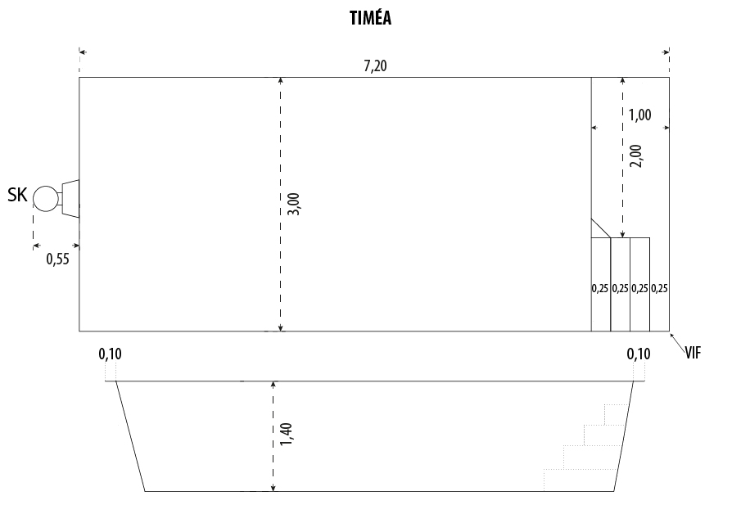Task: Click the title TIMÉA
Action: [x=370, y=17]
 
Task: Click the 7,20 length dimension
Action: [x=375, y=65]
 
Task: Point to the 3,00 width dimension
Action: [x=293, y=204]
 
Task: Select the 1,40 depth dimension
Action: [x=286, y=434]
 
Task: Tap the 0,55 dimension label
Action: [x=57, y=259]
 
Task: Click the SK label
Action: [x=17, y=195]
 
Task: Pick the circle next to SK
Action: [x=46, y=198]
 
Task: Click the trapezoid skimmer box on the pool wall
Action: [x=70, y=198]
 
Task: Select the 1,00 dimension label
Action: [x=639, y=115]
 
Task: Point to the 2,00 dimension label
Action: [x=636, y=156]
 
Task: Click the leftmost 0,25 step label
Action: [x=600, y=288]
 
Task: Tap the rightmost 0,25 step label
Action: [x=659, y=288]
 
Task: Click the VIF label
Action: [x=694, y=353]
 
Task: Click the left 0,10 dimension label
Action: [x=110, y=354]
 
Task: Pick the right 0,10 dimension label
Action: [x=639, y=354]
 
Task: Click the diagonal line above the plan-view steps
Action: [x=601, y=228]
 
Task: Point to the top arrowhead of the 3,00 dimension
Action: [x=281, y=80]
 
